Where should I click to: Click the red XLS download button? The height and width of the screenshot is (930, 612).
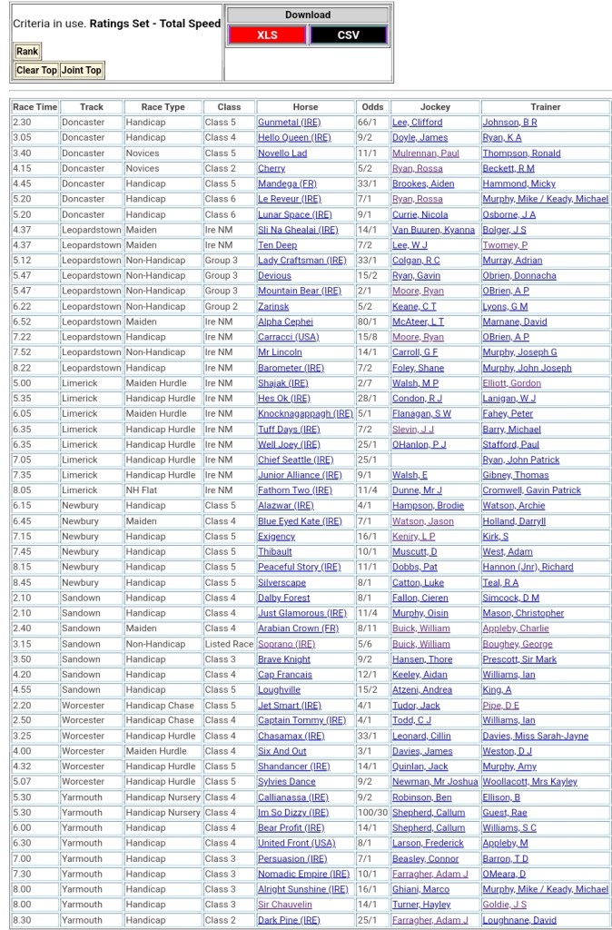[x=267, y=35]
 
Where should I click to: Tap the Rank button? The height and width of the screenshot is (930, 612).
[x=27, y=52]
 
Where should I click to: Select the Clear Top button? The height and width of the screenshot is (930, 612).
[x=36, y=70]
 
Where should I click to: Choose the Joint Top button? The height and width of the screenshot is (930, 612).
[x=81, y=70]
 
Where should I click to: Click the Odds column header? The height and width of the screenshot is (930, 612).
[x=371, y=107]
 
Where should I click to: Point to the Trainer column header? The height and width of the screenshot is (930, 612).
[x=545, y=107]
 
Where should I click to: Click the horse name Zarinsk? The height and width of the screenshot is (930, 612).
[x=274, y=307]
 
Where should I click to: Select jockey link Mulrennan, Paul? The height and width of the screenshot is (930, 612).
[x=425, y=153]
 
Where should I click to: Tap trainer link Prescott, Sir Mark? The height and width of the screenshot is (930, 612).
[x=519, y=659]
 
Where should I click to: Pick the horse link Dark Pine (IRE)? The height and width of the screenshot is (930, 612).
[x=289, y=920]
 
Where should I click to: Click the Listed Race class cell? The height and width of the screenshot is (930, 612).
[x=229, y=644]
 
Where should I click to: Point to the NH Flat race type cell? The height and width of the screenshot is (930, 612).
[x=144, y=490]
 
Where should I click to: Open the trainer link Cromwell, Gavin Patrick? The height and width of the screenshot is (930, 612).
[x=531, y=490]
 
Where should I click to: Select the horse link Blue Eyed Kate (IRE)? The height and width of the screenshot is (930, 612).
[x=300, y=521]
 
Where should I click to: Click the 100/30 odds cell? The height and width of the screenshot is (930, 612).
[x=371, y=813]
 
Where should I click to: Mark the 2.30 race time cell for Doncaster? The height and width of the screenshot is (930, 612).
[x=23, y=123]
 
